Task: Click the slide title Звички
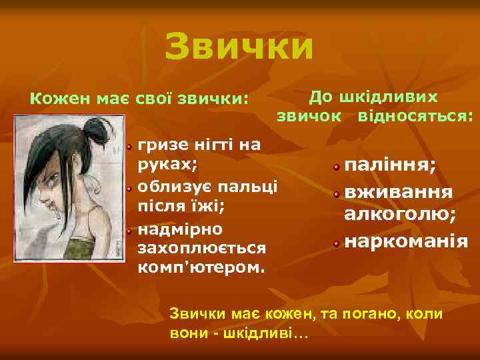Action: (x=239, y=47)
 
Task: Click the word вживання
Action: (x=399, y=192)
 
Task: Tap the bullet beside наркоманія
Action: (x=338, y=241)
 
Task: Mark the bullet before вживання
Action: (x=338, y=193)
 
